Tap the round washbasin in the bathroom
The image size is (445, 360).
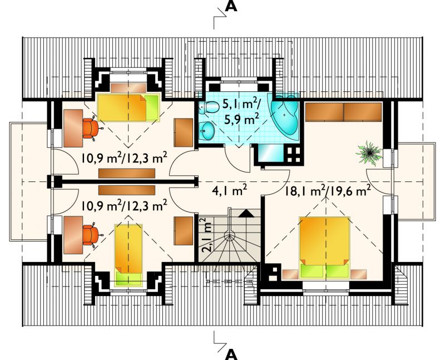[x=206, y=131]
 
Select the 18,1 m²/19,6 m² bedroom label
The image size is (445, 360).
[x=328, y=191]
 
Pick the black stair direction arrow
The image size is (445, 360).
[x=246, y=213]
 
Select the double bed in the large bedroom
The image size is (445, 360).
[x=324, y=247]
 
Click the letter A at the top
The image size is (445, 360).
[x=231, y=7]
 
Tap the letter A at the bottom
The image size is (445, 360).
[x=231, y=354]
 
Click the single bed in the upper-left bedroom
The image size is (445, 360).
[x=128, y=107]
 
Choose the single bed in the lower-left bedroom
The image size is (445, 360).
[x=128, y=255]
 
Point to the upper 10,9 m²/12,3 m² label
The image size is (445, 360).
[x=124, y=158]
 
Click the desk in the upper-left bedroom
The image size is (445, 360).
[x=73, y=129]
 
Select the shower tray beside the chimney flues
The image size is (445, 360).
[x=271, y=153]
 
